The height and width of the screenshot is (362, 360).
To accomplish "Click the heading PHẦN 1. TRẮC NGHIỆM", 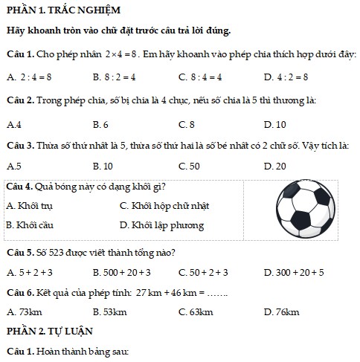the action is pyautogui.click(x=62, y=10).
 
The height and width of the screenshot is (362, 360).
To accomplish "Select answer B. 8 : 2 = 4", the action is pyautogui.click(x=114, y=77).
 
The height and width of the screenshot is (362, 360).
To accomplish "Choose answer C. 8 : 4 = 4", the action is pyautogui.click(x=200, y=77).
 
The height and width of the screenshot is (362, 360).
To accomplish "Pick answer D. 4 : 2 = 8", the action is pyautogui.click(x=286, y=77).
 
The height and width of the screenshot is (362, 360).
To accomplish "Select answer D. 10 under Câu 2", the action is pyautogui.click(x=275, y=123).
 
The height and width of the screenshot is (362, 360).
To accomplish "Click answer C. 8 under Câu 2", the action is pyautogui.click(x=187, y=123).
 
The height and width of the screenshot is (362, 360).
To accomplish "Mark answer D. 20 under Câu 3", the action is pyautogui.click(x=275, y=167).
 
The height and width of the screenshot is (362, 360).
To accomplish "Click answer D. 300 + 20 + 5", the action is pyautogui.click(x=294, y=272).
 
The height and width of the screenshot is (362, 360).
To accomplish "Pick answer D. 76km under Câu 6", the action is pyautogui.click(x=282, y=312).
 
